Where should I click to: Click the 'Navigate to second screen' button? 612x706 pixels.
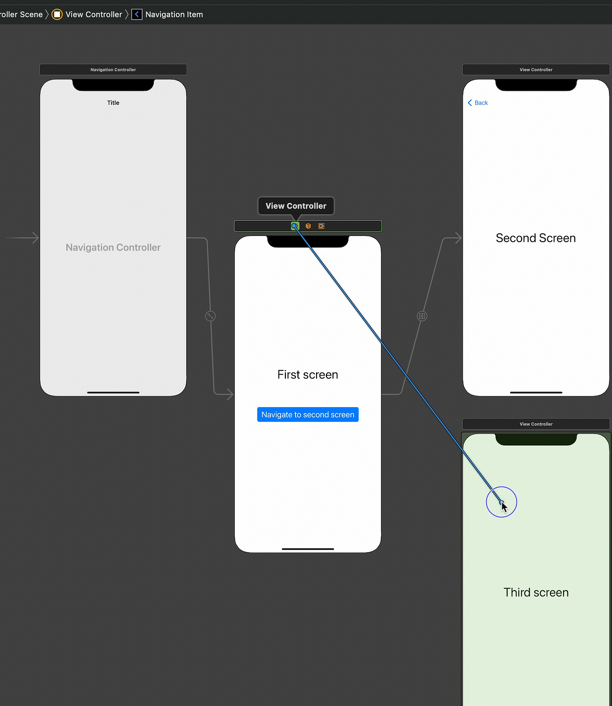coord(308,414)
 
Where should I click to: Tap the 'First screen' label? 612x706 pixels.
coord(308,375)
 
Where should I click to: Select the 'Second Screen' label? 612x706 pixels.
coord(535,238)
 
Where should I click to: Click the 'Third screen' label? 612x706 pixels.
coord(536,592)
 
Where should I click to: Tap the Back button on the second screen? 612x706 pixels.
coord(478,103)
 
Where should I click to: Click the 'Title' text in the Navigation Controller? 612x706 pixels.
coord(113,103)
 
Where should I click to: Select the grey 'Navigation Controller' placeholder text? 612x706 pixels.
coord(113,247)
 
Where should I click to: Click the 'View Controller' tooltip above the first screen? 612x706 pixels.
coord(296,206)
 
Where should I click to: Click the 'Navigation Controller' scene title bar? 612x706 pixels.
coord(113,70)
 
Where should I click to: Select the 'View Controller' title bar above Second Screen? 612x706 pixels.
coord(536,70)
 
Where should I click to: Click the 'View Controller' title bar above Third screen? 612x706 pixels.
coord(536,424)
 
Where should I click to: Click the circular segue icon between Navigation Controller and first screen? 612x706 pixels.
coord(210,316)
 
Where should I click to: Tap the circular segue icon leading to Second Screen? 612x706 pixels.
coord(422,316)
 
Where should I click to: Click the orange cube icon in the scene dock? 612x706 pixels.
coord(308,226)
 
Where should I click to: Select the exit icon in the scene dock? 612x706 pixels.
coord(321,226)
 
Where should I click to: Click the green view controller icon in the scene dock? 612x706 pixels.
coord(295,226)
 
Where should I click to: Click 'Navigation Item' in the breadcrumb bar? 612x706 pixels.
coord(174,14)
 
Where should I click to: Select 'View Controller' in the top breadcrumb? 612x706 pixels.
coord(94,14)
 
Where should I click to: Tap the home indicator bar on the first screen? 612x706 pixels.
coord(308,549)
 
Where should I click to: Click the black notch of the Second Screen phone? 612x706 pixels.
coord(536,85)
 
